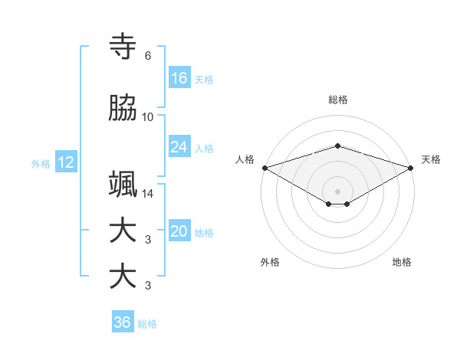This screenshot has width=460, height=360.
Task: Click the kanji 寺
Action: [123, 47]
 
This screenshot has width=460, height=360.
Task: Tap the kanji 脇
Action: [123, 109]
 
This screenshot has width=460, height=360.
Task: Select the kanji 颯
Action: [123, 185]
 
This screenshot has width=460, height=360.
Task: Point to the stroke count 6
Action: [148, 56]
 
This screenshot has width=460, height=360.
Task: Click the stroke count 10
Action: [148, 117]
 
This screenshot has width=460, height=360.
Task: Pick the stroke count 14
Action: [148, 194]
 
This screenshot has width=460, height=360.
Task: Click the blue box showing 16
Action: [179, 78]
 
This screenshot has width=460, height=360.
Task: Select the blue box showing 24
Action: [179, 147]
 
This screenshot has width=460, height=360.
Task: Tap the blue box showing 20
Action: [179, 232]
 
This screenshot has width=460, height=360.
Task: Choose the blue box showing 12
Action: [65, 162]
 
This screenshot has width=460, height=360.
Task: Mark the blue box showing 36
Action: [123, 322]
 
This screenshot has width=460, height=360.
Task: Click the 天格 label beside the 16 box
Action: [204, 79]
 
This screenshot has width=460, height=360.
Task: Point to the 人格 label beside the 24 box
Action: [204, 148]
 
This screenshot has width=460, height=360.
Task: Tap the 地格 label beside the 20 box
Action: [204, 233]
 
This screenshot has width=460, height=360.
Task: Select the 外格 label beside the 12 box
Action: [41, 163]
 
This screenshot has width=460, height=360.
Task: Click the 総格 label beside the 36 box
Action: [147, 323]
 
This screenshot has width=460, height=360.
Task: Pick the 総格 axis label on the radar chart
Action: [337, 100]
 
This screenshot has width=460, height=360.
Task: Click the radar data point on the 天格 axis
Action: [412, 168]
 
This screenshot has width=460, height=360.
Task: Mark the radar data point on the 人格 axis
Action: [264, 168]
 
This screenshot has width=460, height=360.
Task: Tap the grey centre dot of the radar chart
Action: [337, 191]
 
